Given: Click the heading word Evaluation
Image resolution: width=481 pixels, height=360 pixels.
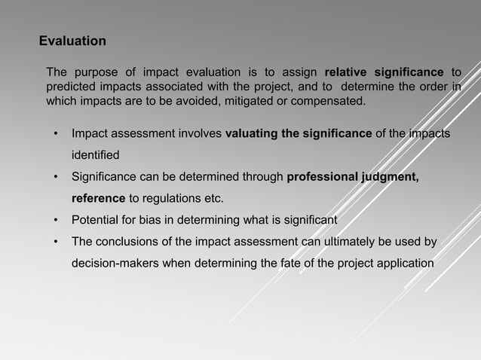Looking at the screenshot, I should click(72, 40).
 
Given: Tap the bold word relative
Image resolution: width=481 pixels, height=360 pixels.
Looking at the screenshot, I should click(345, 72).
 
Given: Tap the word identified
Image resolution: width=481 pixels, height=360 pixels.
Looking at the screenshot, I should click(95, 156).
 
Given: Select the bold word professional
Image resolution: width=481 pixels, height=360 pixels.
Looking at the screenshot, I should click(327, 178).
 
